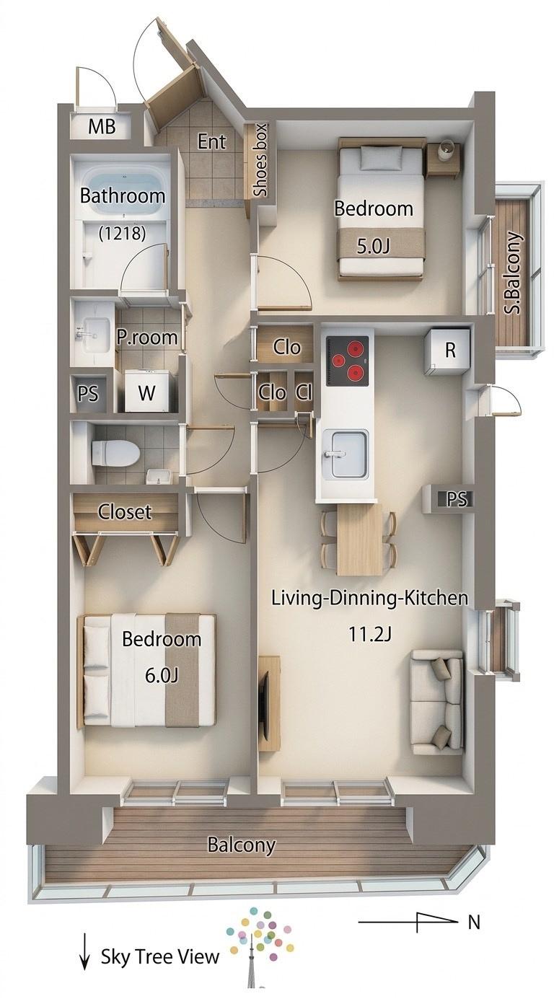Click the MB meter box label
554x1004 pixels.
[x=102, y=127]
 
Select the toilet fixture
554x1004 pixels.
[x=115, y=453]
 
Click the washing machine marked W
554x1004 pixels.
[x=146, y=392]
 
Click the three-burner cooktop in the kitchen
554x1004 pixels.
[x=348, y=361]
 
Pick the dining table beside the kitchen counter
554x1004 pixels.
[x=359, y=540]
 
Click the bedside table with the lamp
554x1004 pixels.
[x=443, y=159]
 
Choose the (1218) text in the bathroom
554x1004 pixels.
[x=122, y=233]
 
